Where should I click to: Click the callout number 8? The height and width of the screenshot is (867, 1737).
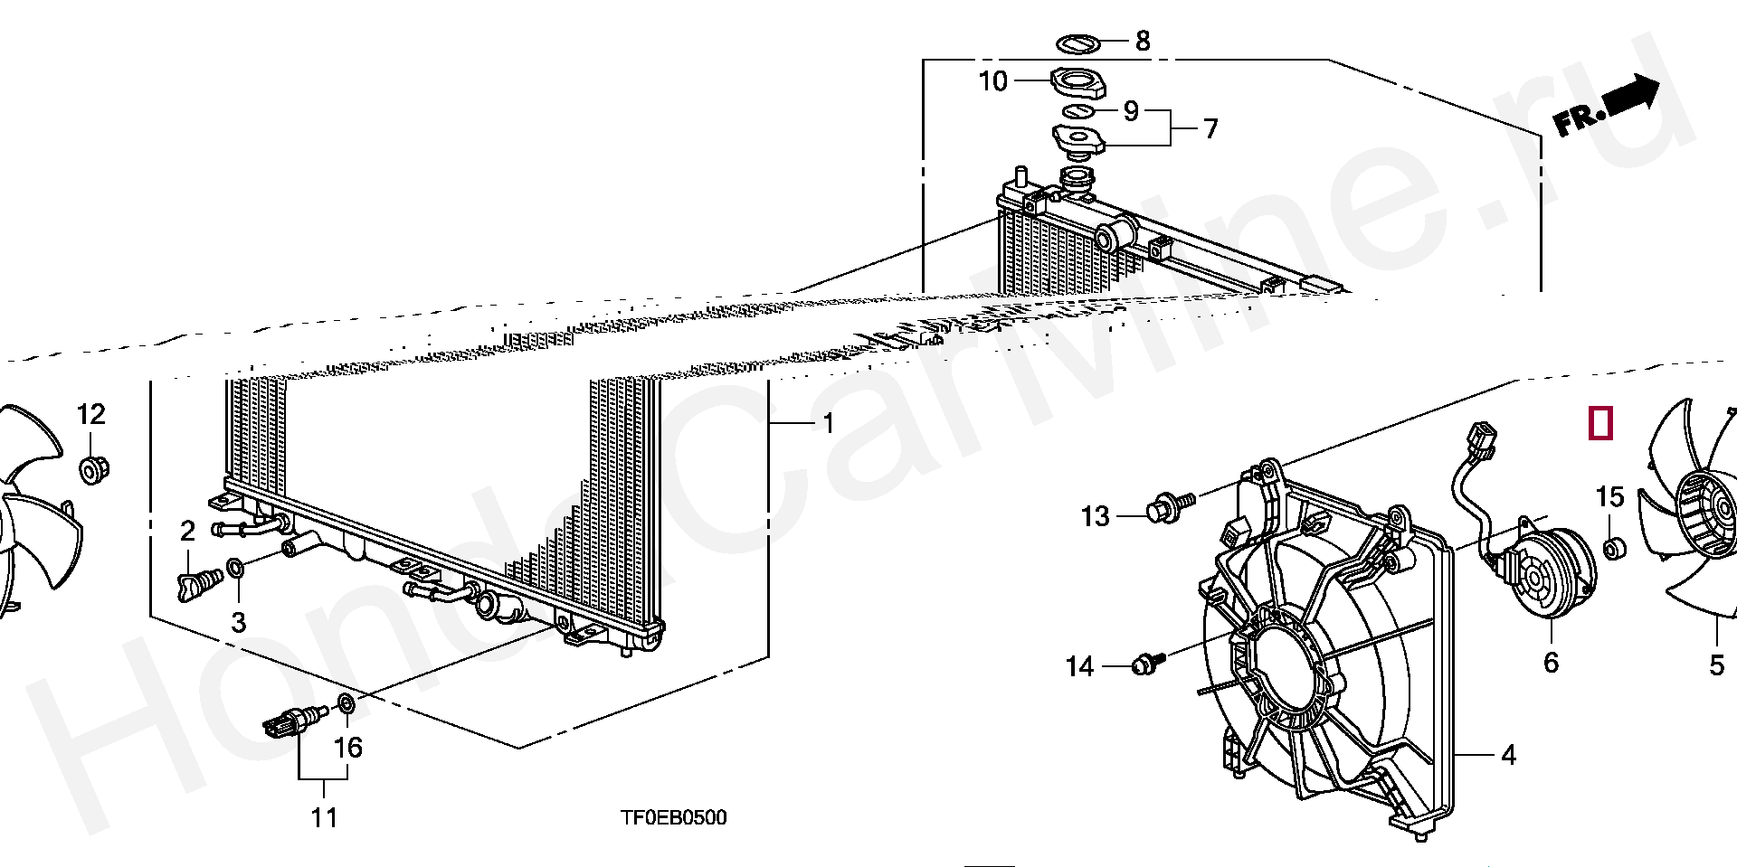(x=1143, y=41)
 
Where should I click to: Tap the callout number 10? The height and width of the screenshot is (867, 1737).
(x=992, y=81)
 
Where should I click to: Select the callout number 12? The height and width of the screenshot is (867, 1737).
(x=90, y=415)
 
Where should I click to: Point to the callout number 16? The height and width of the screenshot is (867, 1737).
(x=348, y=748)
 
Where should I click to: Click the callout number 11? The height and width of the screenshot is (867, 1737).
(x=324, y=818)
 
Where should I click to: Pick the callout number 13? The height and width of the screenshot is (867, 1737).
(x=1095, y=516)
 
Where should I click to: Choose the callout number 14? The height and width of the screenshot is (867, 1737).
(x=1079, y=667)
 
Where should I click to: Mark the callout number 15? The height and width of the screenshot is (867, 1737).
(x=1609, y=497)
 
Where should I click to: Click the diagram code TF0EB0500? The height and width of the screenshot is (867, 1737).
(x=673, y=818)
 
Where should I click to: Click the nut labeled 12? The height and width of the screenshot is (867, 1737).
(x=92, y=470)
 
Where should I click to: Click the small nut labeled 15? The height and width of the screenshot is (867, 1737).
(x=1611, y=548)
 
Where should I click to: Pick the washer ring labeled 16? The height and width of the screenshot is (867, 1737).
(x=346, y=702)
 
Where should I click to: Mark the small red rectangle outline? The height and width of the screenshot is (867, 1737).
(x=1600, y=423)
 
